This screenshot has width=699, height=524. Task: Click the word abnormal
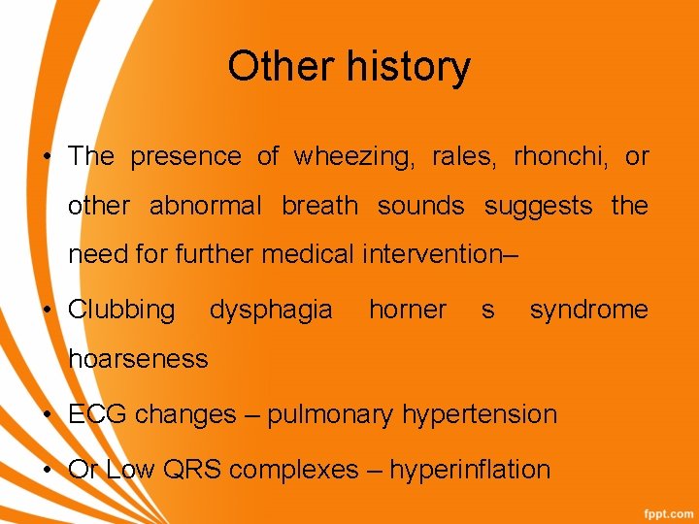[x=205, y=206]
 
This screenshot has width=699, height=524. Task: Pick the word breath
[x=319, y=206]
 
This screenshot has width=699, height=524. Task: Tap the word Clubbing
[x=121, y=311]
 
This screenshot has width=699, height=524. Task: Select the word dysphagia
[x=271, y=311]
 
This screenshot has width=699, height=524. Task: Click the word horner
[x=408, y=311]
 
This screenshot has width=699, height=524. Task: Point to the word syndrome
[x=588, y=311]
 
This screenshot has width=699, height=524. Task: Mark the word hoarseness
[x=138, y=359]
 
